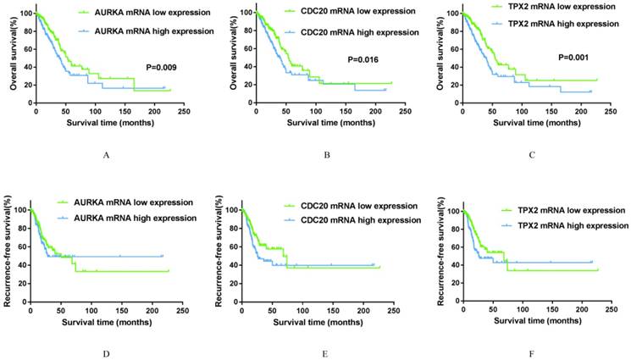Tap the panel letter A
click(x=106, y=155)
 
